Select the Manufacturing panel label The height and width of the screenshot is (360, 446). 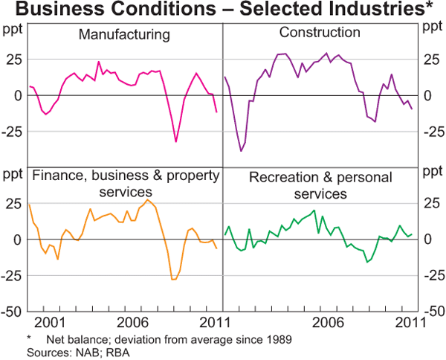coord(124,35)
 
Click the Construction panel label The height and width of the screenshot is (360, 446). coord(320,33)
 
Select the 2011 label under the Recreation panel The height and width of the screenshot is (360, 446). coord(409,324)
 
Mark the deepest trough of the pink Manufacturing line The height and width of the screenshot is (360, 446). coord(176,141)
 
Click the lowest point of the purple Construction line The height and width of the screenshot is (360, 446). coord(241,151)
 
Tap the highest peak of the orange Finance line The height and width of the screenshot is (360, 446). coord(147,200)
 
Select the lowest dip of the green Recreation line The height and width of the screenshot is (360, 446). coord(366,262)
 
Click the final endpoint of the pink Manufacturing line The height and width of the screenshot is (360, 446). coord(216,112)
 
